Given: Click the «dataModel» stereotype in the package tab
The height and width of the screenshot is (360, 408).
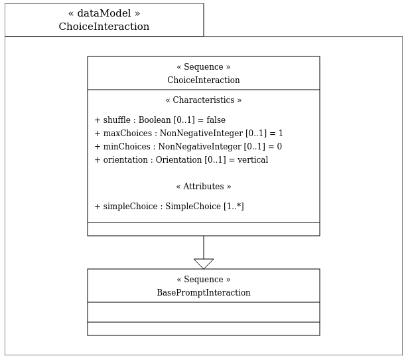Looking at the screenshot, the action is point(104,13).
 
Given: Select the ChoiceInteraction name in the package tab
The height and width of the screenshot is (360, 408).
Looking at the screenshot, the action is point(104,27).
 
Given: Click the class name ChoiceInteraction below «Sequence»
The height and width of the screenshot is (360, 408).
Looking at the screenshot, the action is point(204,80).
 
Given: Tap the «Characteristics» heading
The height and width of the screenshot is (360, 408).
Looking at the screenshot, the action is point(204,100).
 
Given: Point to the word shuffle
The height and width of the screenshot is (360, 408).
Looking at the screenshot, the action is point(117,120).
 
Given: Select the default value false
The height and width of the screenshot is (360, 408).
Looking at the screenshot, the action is point(216,120).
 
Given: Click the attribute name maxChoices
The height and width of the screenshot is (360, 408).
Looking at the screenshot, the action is point(127,133).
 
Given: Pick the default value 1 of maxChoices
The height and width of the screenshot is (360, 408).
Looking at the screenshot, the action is point(281,133).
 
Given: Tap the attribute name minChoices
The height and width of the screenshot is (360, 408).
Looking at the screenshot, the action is point(127,146).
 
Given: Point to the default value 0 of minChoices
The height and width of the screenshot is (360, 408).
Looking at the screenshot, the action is point(279,146).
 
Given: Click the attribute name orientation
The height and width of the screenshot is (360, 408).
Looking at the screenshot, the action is point(125,159).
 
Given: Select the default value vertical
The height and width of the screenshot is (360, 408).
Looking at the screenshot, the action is point(253,159).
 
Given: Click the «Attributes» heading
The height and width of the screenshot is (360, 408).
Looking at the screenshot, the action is point(204,186).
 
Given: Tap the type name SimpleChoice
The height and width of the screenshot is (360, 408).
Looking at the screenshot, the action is point(193,207).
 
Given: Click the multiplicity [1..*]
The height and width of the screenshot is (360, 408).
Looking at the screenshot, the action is point(234,207).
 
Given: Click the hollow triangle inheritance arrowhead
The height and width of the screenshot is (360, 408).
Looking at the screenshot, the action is point(204,264).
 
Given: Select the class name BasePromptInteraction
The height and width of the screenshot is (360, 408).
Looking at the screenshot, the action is point(204,292).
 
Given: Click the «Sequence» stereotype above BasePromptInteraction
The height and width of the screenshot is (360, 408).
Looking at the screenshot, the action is point(204,279).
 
